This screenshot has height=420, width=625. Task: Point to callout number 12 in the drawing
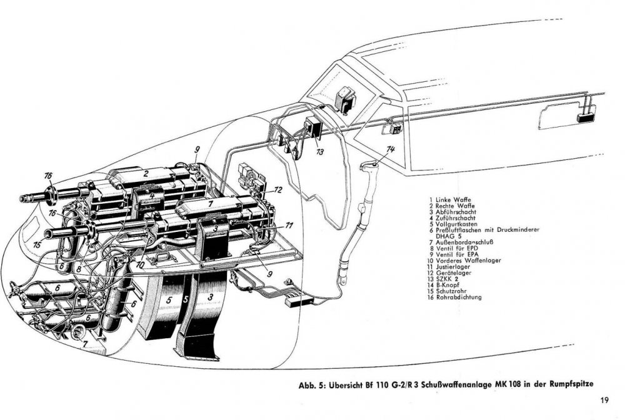[278, 189]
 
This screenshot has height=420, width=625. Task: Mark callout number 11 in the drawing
[289, 224]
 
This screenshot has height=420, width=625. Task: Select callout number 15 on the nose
[37, 246]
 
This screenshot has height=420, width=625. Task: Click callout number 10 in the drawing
[139, 264]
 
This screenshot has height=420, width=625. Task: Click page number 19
[605, 401]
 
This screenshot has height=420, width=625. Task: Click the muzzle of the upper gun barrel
[26, 198]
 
